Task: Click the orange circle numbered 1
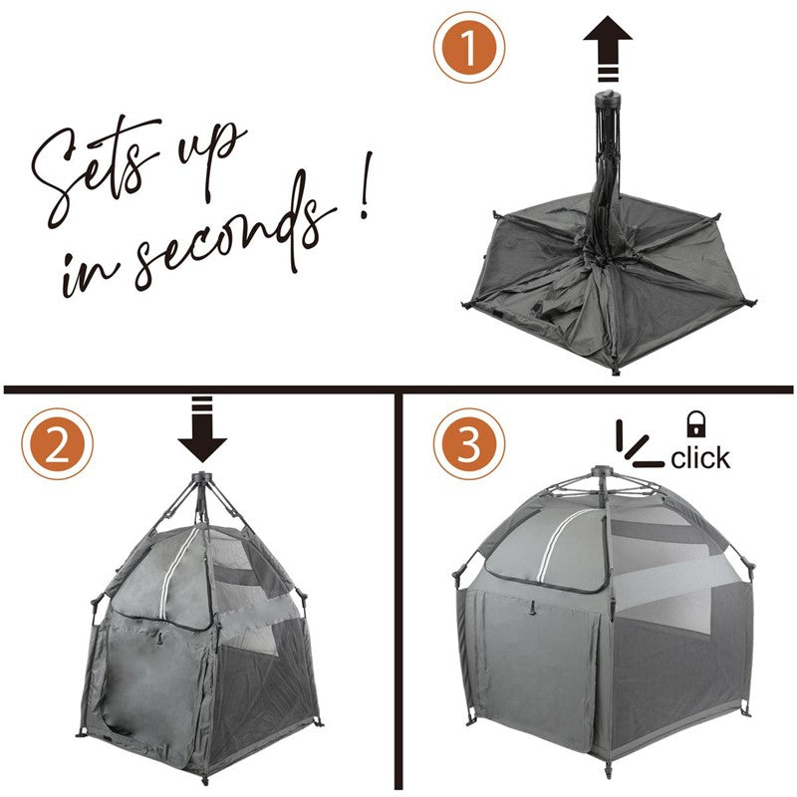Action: coord(469,47)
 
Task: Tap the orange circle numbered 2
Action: coord(58,444)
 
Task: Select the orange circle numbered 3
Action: coord(469,444)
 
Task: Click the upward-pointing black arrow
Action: coord(608,49)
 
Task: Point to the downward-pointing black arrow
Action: coord(202,429)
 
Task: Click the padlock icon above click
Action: coord(696,424)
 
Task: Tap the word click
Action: coord(700,457)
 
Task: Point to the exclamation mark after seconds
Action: coord(365,185)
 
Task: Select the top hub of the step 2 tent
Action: coord(201,478)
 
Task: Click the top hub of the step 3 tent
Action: coord(604,472)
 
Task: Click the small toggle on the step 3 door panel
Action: coord(533,608)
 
